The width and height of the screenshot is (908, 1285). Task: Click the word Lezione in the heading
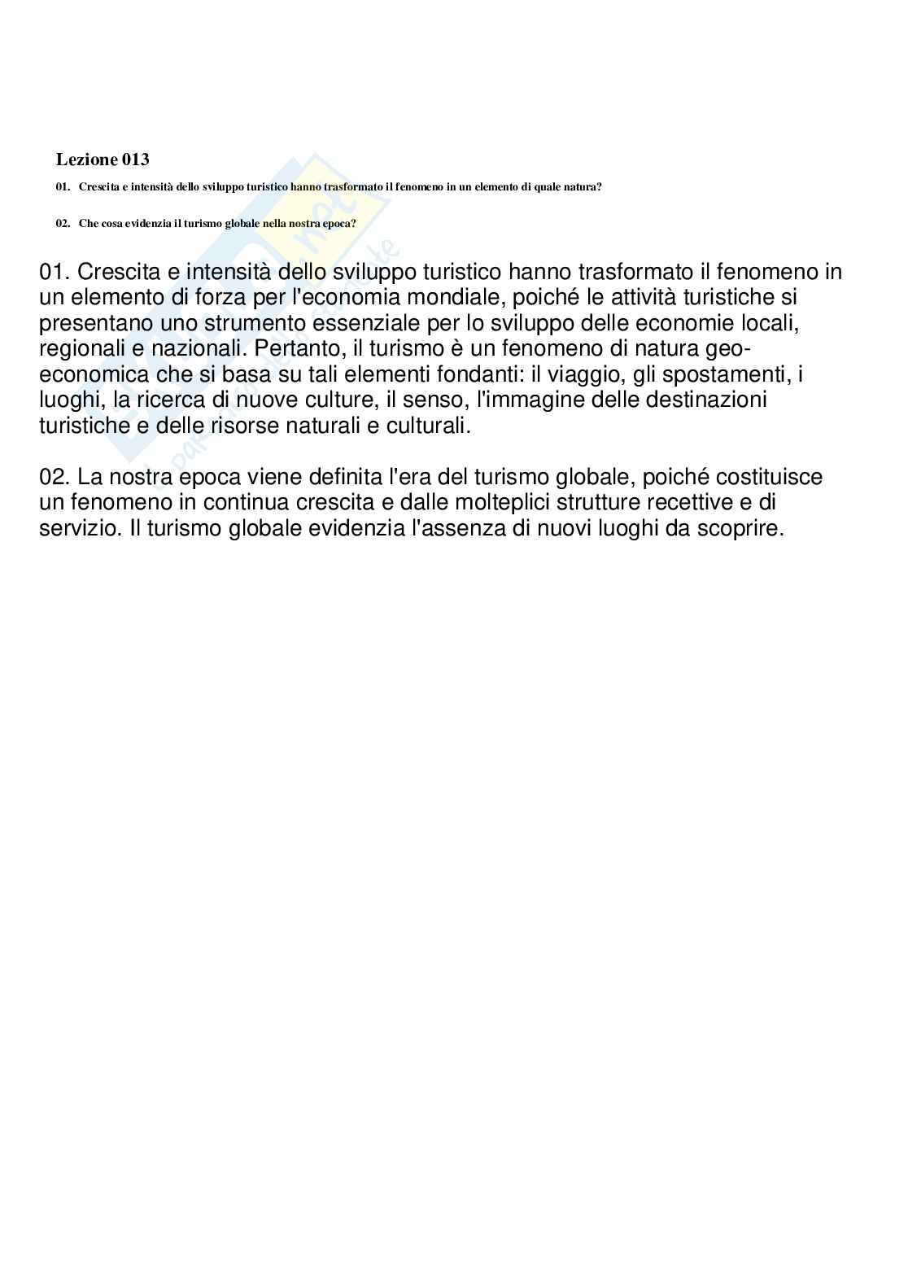click(85, 160)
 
